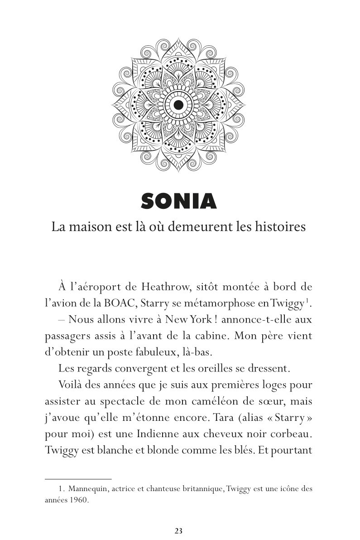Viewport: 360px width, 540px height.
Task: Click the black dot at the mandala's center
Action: pos(178,105)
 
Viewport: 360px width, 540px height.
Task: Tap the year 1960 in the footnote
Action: pos(80,501)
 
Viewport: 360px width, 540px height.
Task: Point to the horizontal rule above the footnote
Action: pos(78,478)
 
